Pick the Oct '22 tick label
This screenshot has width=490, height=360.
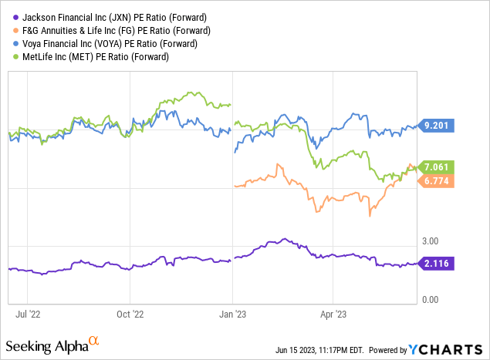tap(130, 315)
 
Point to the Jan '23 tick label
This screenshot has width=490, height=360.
tap(232, 315)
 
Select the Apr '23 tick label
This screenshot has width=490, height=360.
tap(333, 315)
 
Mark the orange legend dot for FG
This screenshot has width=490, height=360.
tap(9, 30)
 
